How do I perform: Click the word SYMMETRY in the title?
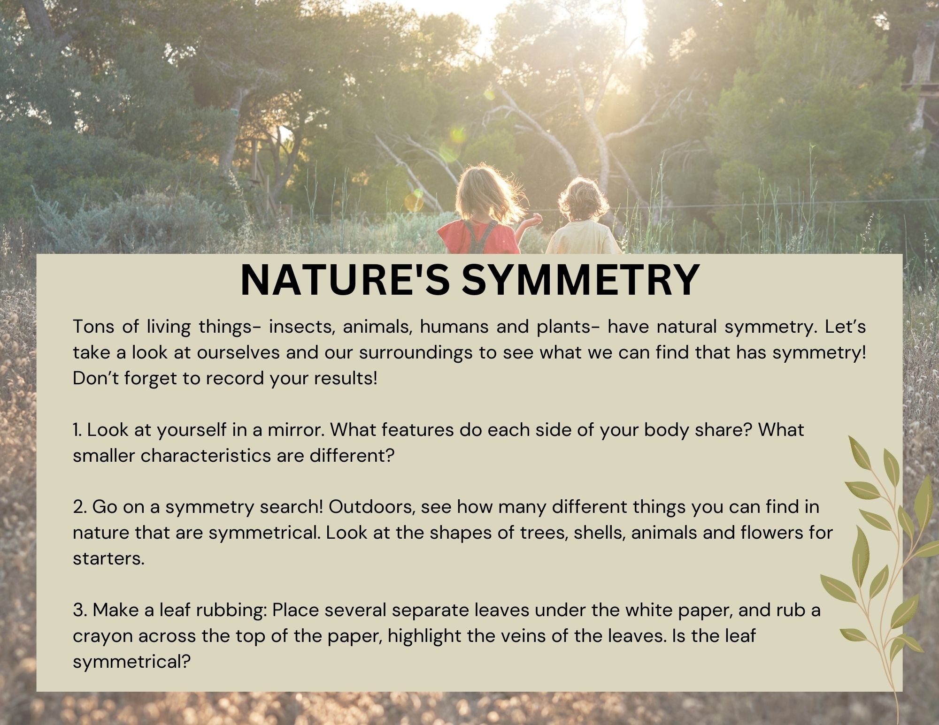click(581, 280)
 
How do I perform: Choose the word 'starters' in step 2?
click(108, 559)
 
